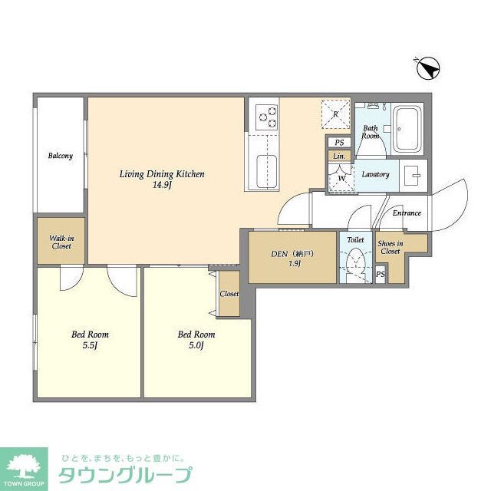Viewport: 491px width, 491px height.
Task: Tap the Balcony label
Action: (60, 156)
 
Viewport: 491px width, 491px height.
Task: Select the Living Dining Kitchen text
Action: (161, 174)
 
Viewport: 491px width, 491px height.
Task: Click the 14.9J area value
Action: (161, 186)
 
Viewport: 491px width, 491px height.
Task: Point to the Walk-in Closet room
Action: (61, 242)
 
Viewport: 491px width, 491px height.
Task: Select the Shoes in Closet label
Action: (390, 247)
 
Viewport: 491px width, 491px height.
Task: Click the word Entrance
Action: (406, 213)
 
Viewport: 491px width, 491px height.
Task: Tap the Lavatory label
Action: (375, 174)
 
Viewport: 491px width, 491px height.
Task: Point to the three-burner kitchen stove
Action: (268, 116)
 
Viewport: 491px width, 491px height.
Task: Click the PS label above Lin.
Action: (338, 143)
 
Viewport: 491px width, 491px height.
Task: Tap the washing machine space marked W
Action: (340, 177)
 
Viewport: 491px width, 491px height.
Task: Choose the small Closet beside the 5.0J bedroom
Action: (229, 293)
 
